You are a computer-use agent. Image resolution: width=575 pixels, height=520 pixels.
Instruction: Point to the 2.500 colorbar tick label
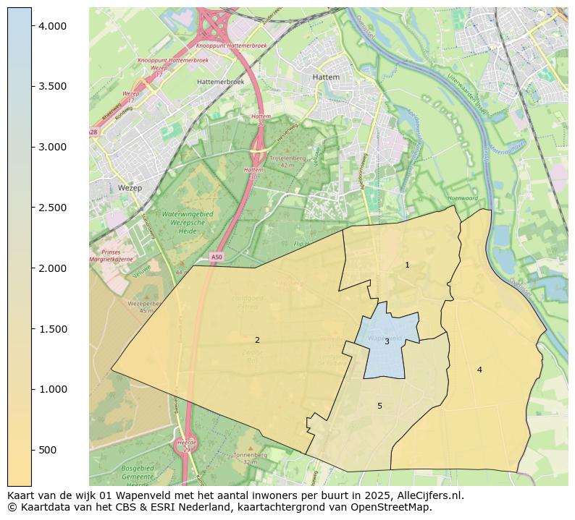point(52,208)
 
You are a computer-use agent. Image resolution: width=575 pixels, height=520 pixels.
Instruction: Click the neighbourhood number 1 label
point(407,265)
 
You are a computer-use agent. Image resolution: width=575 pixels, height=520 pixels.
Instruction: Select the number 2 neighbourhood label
point(257,340)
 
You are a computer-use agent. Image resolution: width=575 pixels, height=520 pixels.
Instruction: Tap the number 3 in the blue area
point(387,341)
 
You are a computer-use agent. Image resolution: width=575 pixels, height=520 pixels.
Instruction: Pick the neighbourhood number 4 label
point(479,370)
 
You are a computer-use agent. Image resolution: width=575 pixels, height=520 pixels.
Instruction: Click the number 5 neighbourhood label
point(379,406)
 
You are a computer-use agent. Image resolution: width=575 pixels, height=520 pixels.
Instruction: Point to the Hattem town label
point(325,77)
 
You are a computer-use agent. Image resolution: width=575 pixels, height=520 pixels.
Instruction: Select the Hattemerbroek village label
point(220,82)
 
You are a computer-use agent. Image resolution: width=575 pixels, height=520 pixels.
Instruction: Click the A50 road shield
point(217,257)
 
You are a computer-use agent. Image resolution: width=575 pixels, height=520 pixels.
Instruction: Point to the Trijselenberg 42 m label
point(287,161)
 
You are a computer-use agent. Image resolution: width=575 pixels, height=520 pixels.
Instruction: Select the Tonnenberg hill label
point(250,455)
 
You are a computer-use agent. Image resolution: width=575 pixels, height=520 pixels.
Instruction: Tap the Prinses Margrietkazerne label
point(111,255)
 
